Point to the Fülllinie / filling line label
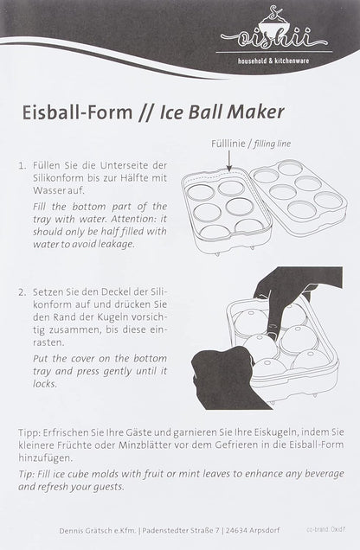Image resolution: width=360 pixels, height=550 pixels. coord(251,144)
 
